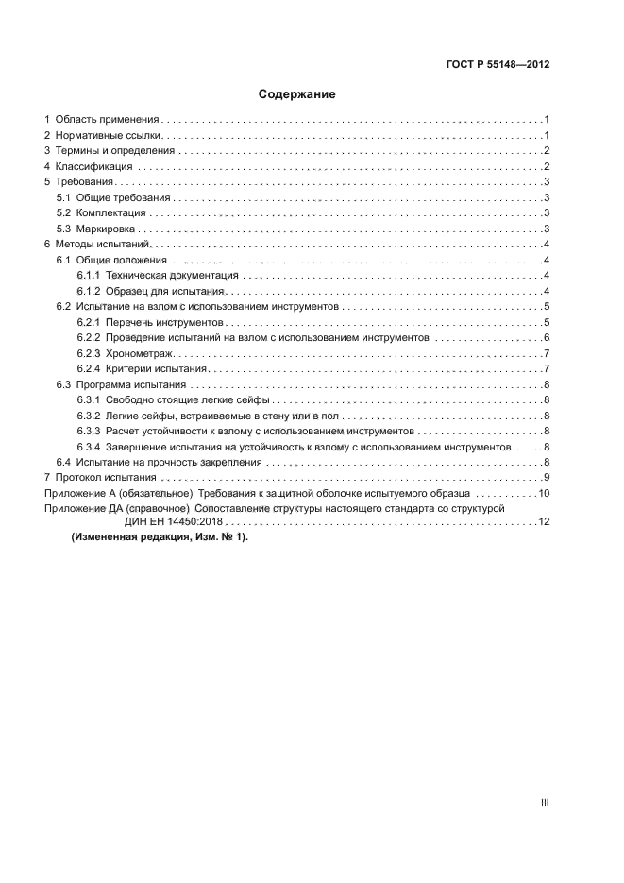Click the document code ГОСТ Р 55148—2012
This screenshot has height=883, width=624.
point(498,65)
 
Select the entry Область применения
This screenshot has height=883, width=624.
point(106,120)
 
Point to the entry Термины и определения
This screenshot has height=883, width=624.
point(114,151)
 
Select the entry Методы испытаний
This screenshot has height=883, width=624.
point(97,244)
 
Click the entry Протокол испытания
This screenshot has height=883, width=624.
point(101,476)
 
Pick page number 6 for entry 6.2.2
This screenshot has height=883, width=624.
point(547,337)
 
